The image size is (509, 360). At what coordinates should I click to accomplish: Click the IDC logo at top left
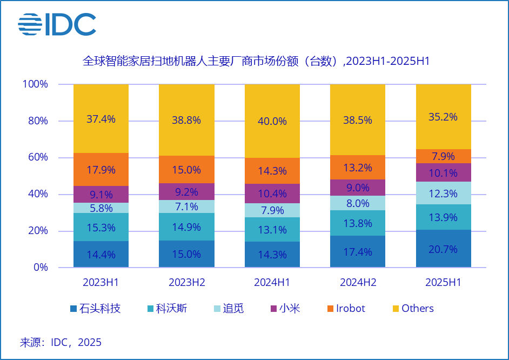(x=57, y=24)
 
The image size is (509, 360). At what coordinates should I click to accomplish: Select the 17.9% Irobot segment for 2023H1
(x=101, y=170)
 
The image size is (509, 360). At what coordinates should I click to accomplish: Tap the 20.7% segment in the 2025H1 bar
(x=443, y=249)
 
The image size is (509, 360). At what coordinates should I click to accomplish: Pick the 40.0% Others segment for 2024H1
(x=272, y=121)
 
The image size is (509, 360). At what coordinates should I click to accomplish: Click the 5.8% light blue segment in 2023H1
(x=101, y=208)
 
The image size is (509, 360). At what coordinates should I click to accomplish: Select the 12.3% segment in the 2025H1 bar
(x=443, y=193)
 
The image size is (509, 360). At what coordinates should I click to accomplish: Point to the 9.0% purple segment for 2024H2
(x=358, y=188)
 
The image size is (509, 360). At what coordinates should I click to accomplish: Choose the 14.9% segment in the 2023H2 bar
(x=186, y=227)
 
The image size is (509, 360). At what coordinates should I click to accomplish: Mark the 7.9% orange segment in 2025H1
(x=443, y=156)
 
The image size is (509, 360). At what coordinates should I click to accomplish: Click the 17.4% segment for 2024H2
(x=358, y=251)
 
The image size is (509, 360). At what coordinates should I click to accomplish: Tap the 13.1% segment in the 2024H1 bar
(x=272, y=230)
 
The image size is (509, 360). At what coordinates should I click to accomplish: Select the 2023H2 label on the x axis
(x=186, y=283)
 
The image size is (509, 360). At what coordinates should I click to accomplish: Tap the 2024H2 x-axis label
(x=358, y=283)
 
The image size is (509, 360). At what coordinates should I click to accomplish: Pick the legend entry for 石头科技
(x=95, y=309)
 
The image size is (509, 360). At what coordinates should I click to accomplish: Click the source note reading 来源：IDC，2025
(x=61, y=342)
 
